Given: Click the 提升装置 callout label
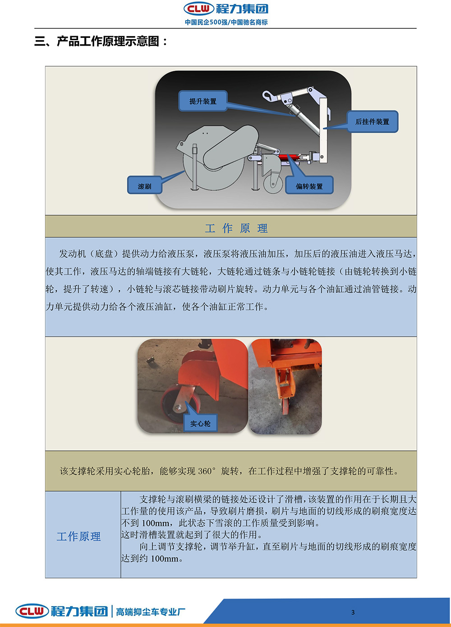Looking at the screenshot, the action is point(202,101).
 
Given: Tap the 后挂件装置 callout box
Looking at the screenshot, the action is point(372,121).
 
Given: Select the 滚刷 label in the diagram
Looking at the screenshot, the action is point(144,185).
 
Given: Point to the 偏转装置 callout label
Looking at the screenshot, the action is point(309,185).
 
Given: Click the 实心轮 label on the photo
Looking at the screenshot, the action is point(200,424).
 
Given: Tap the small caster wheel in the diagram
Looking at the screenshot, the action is point(273,184).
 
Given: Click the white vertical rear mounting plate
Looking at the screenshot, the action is point(323,130).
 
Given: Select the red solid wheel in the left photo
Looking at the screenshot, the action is point(177,401).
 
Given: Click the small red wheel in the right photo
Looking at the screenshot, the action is point(285,406).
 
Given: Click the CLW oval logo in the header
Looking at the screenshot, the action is point(198,9).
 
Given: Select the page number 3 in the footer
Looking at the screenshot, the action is point(353,612).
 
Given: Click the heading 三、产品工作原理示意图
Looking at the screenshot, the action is point(101,41).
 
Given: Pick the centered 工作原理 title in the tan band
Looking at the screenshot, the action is point(236,228).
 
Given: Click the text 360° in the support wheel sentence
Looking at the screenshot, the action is point(207,471).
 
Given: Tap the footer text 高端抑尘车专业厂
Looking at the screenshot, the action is point(151,612).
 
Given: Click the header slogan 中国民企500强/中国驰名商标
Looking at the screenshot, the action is point(226,22).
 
